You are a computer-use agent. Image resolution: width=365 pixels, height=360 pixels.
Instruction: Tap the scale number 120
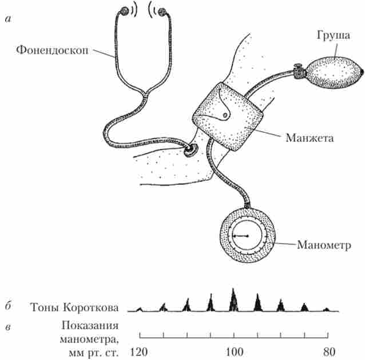click(140, 351)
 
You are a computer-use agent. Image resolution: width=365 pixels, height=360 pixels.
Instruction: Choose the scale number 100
click(233, 351)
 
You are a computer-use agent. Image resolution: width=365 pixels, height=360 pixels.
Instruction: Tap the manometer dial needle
click(243, 236)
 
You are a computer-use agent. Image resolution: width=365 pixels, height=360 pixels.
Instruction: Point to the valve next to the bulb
click(297, 73)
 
